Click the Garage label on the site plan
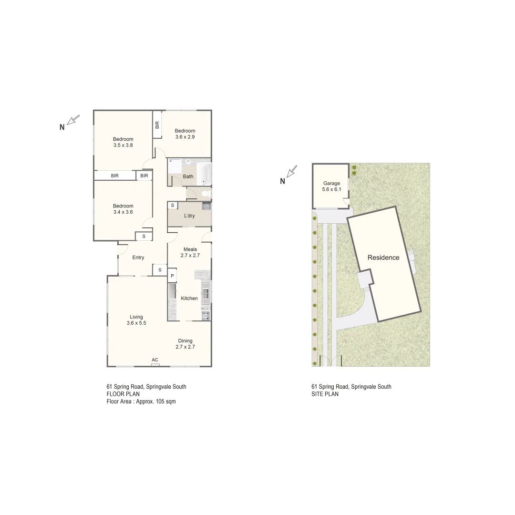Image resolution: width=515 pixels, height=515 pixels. click(x=331, y=183)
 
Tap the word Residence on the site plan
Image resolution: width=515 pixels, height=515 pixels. click(x=383, y=257)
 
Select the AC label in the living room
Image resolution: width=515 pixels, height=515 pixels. click(x=155, y=360)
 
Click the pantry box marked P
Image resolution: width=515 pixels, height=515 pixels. click(x=172, y=276)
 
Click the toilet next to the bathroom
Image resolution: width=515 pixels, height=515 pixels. click(x=206, y=194)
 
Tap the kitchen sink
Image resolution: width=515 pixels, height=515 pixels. click(x=206, y=293)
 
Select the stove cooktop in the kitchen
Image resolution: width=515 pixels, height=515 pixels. click(x=206, y=315)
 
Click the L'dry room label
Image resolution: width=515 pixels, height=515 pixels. click(x=189, y=216)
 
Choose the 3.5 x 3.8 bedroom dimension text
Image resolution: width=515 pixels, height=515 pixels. click(x=123, y=145)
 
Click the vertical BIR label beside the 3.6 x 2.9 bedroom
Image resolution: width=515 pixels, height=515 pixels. click(x=157, y=125)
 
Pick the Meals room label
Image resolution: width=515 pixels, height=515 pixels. click(x=190, y=249)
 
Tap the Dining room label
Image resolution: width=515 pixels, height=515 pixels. click(x=185, y=340)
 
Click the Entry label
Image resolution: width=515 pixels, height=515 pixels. click(x=138, y=258)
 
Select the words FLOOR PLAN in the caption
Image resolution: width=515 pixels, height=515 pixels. click(x=123, y=394)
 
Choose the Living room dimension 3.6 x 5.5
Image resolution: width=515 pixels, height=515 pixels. click(x=136, y=323)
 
